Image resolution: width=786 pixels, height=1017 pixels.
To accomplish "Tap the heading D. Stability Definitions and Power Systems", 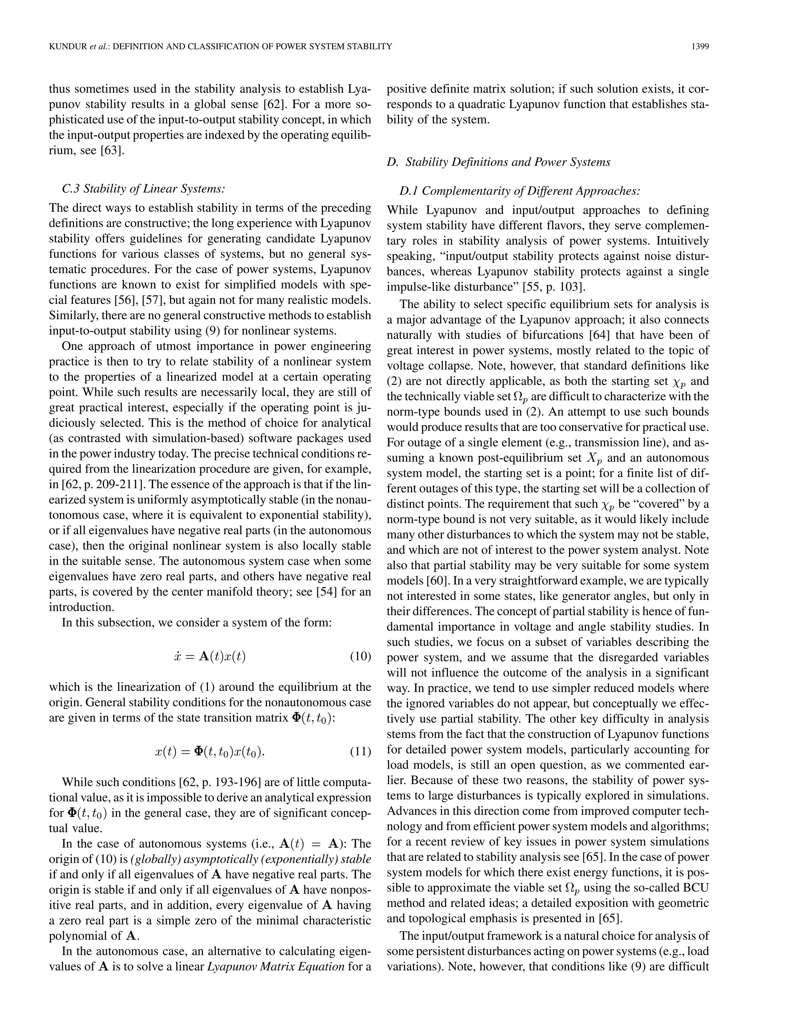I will (x=498, y=162).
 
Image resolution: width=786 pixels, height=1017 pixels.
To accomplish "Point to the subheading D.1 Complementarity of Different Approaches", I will (x=520, y=191).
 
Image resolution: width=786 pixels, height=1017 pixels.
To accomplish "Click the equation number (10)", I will (x=360, y=657).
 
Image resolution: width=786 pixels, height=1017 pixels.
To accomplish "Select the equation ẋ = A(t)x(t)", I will (x=209, y=657).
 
